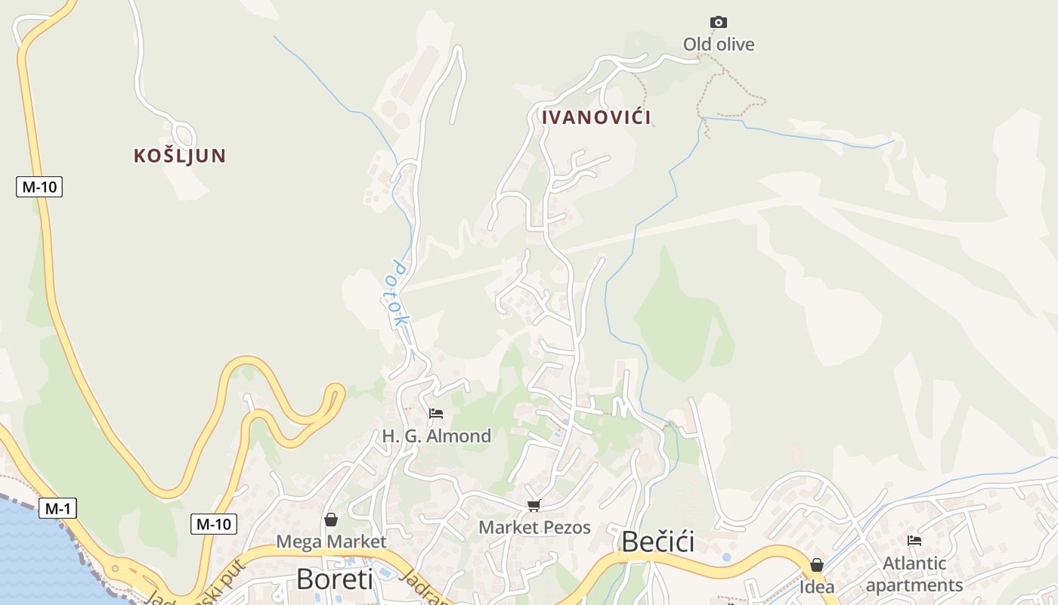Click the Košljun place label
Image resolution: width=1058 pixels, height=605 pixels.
point(180,156)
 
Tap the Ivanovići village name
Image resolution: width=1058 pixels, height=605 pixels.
point(596,117)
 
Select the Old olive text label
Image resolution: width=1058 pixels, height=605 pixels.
point(719,45)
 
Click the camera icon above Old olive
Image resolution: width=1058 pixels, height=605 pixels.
point(719,23)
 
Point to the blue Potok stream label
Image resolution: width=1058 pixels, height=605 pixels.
point(400,294)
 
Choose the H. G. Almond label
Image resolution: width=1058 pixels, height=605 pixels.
point(436,436)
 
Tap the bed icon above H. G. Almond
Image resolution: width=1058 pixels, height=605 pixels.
point(436,414)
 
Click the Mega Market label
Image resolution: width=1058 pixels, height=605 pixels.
point(331,541)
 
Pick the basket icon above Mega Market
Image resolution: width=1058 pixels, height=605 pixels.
point(331,520)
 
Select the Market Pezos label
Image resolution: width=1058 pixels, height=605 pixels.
point(534,527)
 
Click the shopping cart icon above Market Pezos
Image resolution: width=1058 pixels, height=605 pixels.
point(534,505)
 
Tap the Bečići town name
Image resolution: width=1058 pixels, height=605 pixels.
point(657,541)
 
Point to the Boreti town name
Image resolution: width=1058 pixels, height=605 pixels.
point(335,579)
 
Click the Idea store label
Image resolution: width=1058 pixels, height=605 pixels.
point(817,586)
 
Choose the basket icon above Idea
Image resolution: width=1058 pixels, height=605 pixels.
point(817,565)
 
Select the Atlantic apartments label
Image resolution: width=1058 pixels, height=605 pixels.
point(914,574)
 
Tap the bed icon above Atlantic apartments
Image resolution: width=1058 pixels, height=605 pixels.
point(914,541)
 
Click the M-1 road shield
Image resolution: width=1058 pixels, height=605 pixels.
point(57,509)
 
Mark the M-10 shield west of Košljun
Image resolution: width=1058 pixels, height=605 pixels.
point(39,187)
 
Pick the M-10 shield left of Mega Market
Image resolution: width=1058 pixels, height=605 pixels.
point(214,523)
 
